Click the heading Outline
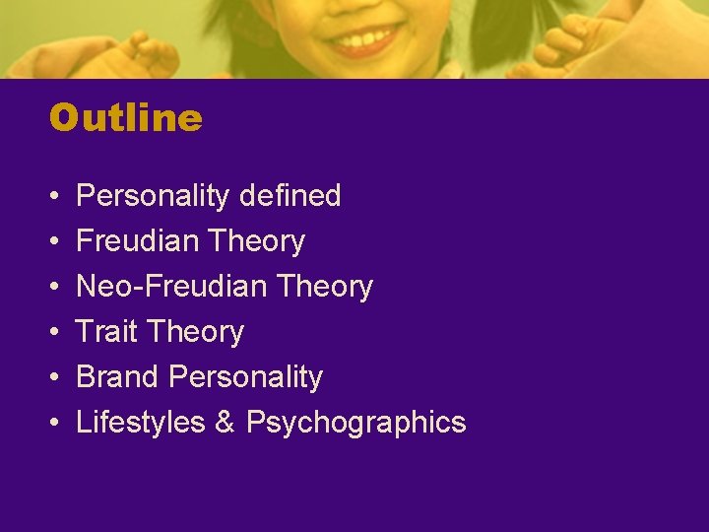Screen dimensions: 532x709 pyautogui.click(x=125, y=118)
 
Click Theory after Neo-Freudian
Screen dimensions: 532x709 pyautogui.click(x=325, y=287)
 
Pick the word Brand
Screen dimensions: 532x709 pyautogui.click(x=117, y=377)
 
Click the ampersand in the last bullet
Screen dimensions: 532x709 pyautogui.click(x=225, y=423)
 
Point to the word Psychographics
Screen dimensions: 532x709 pyautogui.click(x=355, y=423)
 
